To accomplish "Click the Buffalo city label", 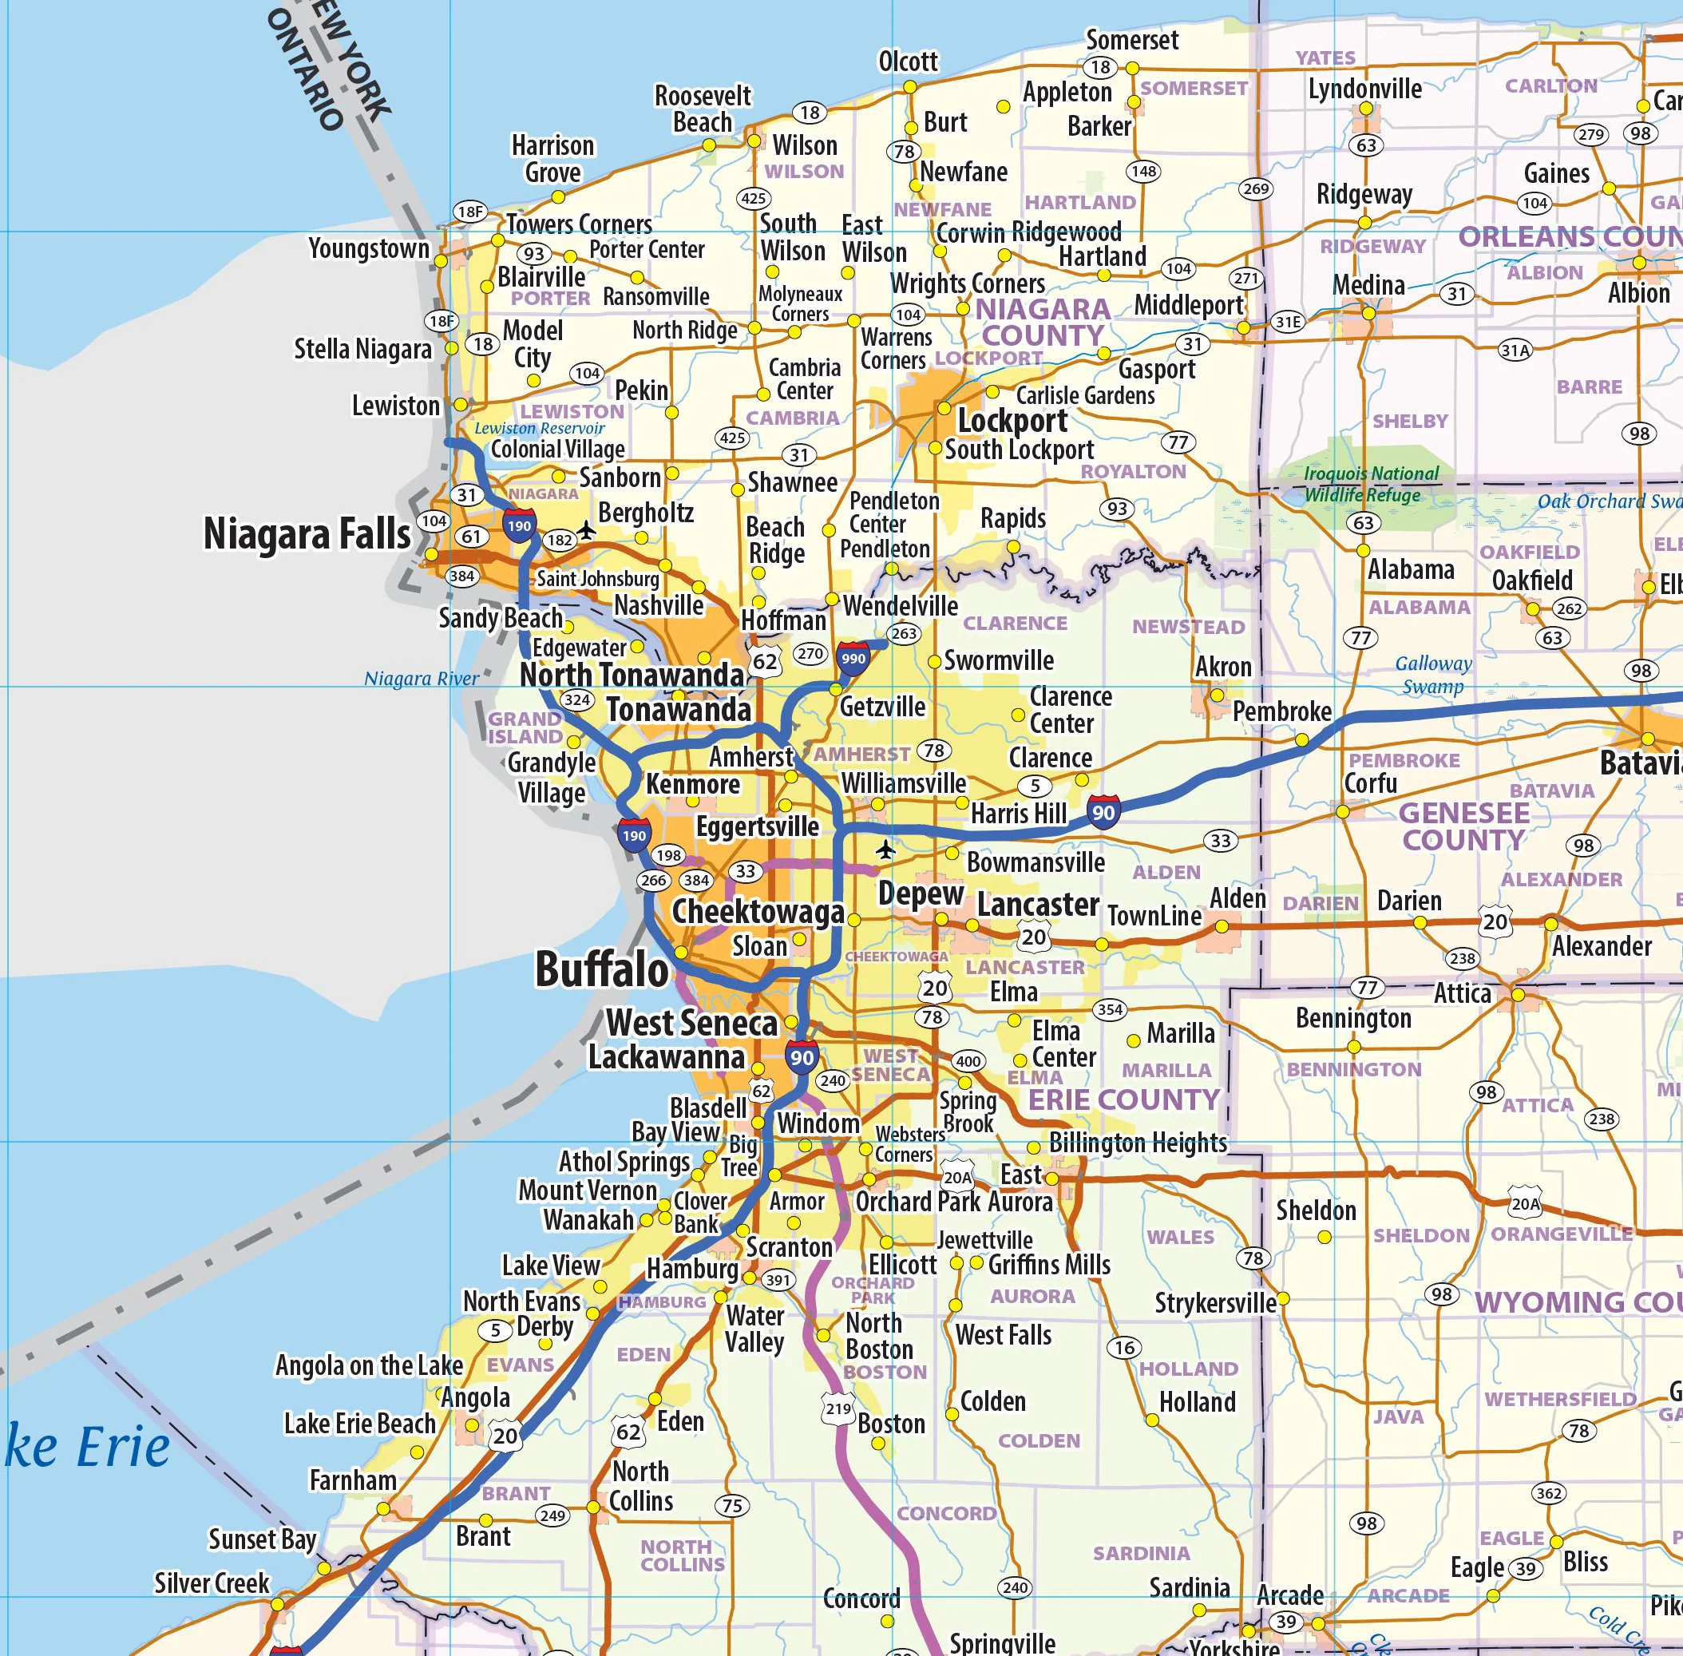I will [601, 970].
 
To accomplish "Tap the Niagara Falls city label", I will [306, 533].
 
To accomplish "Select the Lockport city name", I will [1012, 421].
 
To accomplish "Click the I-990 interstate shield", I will [853, 659].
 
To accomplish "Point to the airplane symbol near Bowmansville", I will [885, 849].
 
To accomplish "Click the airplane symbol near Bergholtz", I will [587, 529].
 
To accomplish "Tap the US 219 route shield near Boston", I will [838, 1409].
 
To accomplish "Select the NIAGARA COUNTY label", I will [1042, 322].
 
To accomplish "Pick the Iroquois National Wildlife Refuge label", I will [1370, 484].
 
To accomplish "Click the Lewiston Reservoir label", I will [539, 428].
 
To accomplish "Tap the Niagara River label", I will [421, 679].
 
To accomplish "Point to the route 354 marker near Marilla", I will [1110, 1010].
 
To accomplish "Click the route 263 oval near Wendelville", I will [904, 633].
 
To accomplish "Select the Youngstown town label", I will [369, 249].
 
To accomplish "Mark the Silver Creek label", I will [212, 1582].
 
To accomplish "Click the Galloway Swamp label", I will [1432, 674].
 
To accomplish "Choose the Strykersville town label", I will [1214, 1302].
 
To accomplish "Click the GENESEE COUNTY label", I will [1463, 826].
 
